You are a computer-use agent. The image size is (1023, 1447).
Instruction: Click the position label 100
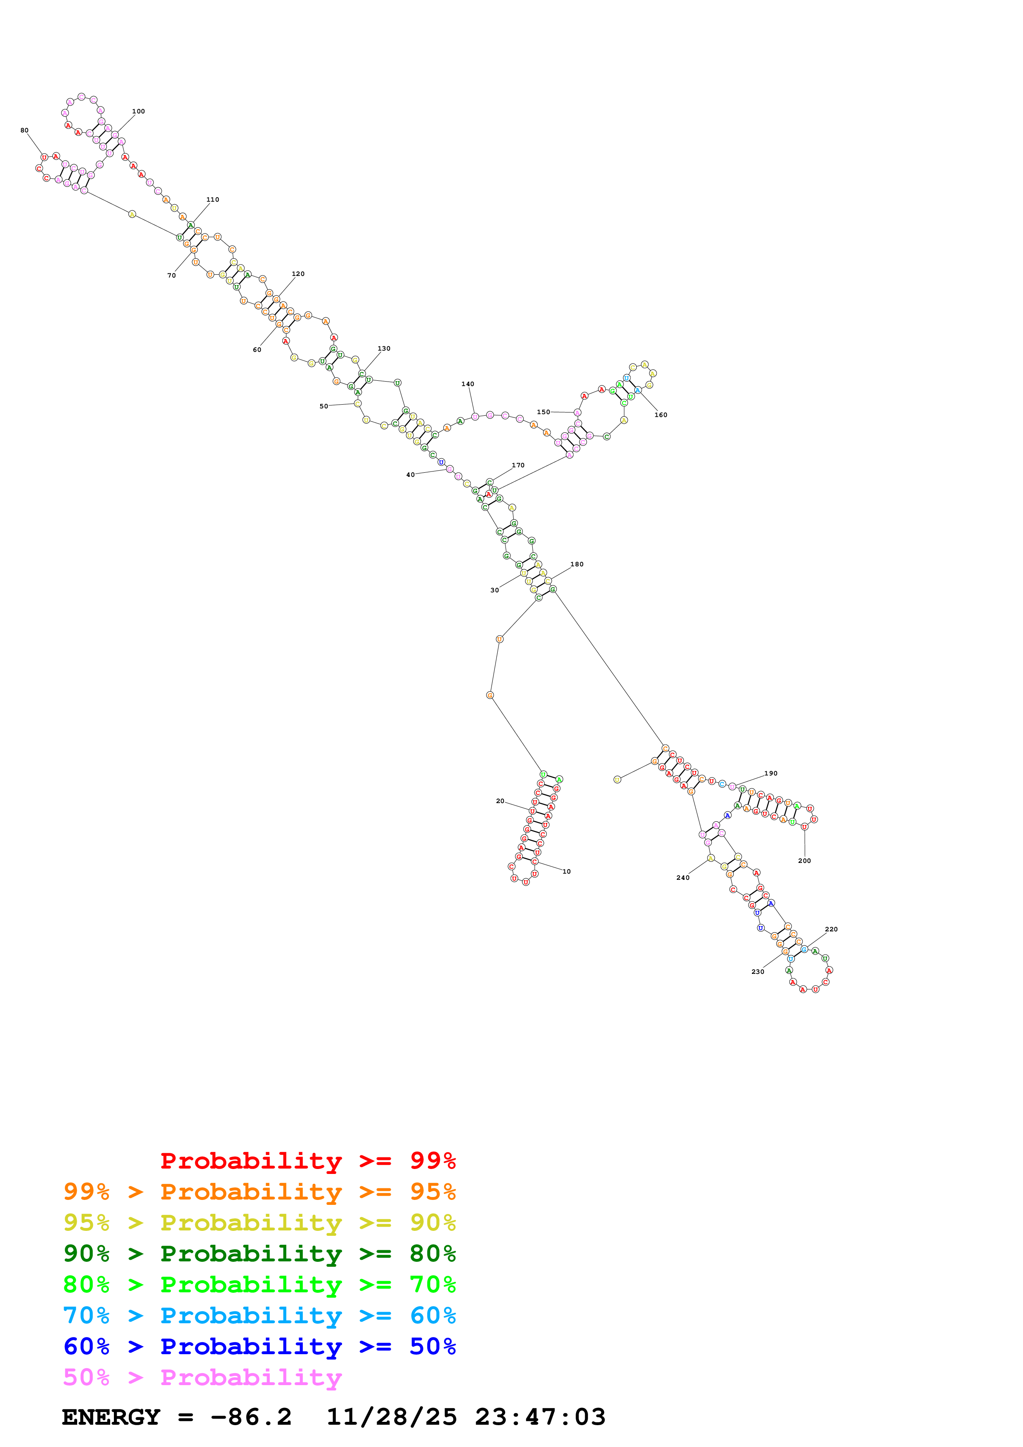pyautogui.click(x=138, y=111)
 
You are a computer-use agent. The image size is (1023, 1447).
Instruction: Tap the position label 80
pyautogui.click(x=25, y=130)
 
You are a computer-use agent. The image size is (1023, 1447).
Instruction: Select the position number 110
pyautogui.click(x=213, y=200)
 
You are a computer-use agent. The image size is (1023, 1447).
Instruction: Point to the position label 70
pyautogui.click(x=171, y=276)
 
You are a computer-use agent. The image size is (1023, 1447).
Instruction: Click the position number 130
pyautogui.click(x=384, y=349)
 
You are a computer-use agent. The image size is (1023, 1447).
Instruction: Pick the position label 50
pyautogui.click(x=324, y=406)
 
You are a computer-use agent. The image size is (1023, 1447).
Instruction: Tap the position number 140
pyautogui.click(x=468, y=384)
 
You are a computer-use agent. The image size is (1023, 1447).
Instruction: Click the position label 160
pyautogui.click(x=661, y=415)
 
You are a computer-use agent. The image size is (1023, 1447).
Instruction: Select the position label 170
pyautogui.click(x=518, y=465)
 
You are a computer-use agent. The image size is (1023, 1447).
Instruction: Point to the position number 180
pyautogui.click(x=577, y=564)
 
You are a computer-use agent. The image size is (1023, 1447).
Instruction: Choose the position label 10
pyautogui.click(x=567, y=872)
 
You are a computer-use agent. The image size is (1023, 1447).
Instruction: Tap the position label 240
pyautogui.click(x=683, y=878)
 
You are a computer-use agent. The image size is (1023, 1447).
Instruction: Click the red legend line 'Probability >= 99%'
pyautogui.click(x=307, y=1160)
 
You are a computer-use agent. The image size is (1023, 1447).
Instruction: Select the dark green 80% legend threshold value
pyautogui.click(x=432, y=1254)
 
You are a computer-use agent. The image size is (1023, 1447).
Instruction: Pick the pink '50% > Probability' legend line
pyautogui.click(x=202, y=1378)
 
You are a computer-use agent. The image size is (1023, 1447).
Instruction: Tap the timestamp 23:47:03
pyautogui.click(x=540, y=1417)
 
